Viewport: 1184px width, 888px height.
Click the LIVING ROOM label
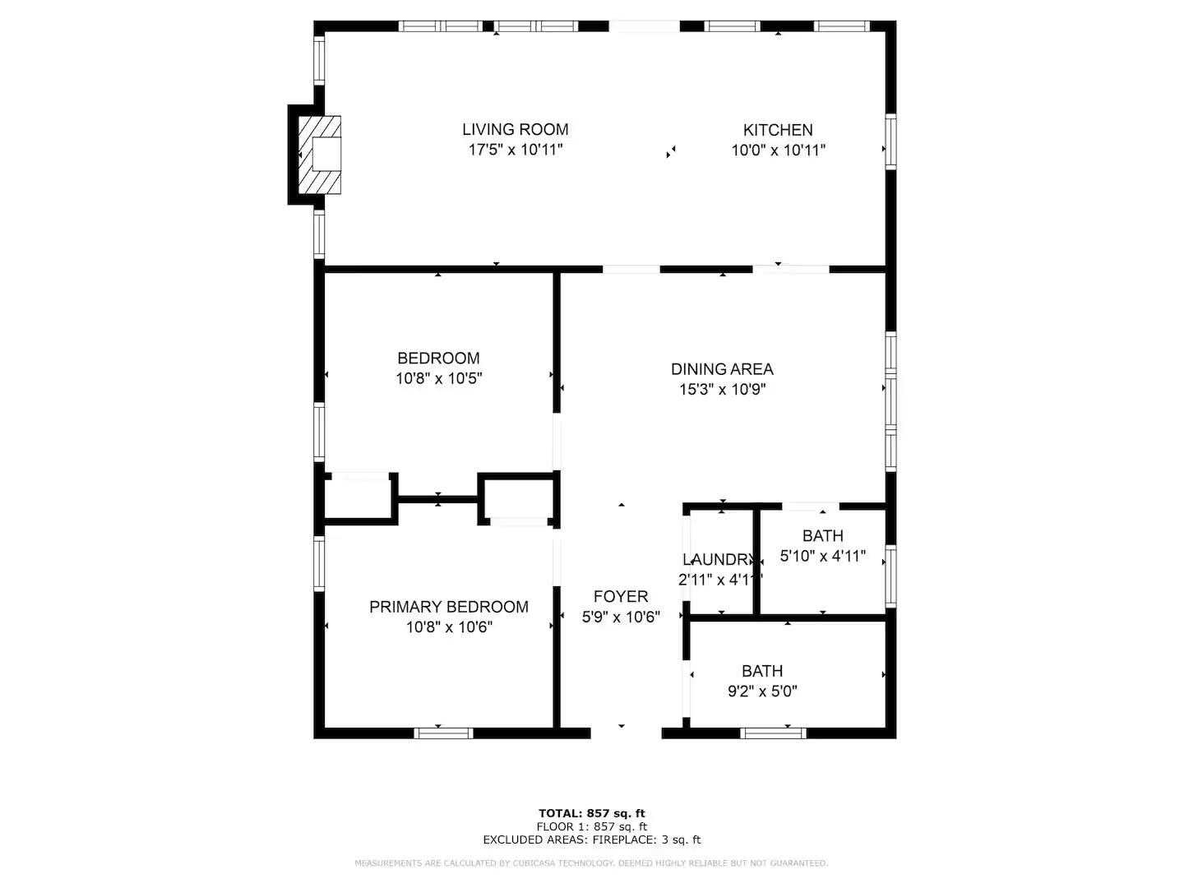[515, 129]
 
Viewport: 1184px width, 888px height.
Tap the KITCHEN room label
[778, 130]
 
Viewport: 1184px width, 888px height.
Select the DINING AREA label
[722, 369]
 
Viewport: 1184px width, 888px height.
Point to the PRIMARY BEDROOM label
[448, 607]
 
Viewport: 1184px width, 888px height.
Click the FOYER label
[621, 596]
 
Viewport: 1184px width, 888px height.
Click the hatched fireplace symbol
[319, 155]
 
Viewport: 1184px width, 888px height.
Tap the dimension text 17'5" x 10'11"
[515, 150]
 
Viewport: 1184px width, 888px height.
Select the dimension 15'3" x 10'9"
[722, 390]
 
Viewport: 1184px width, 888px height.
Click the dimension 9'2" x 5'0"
[762, 691]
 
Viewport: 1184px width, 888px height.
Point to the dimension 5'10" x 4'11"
[822, 556]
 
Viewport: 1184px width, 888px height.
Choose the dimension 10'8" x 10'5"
[438, 379]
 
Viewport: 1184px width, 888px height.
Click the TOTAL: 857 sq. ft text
[592, 813]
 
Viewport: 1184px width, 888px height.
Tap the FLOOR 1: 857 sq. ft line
[592, 826]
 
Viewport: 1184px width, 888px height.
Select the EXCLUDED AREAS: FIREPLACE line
[592, 839]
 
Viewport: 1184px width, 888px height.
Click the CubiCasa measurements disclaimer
[592, 863]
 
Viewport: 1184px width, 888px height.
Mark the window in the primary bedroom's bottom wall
[443, 733]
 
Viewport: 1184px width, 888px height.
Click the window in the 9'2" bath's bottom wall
[773, 733]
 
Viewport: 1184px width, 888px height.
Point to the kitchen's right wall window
[890, 141]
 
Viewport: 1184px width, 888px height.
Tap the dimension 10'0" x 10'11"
[778, 150]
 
